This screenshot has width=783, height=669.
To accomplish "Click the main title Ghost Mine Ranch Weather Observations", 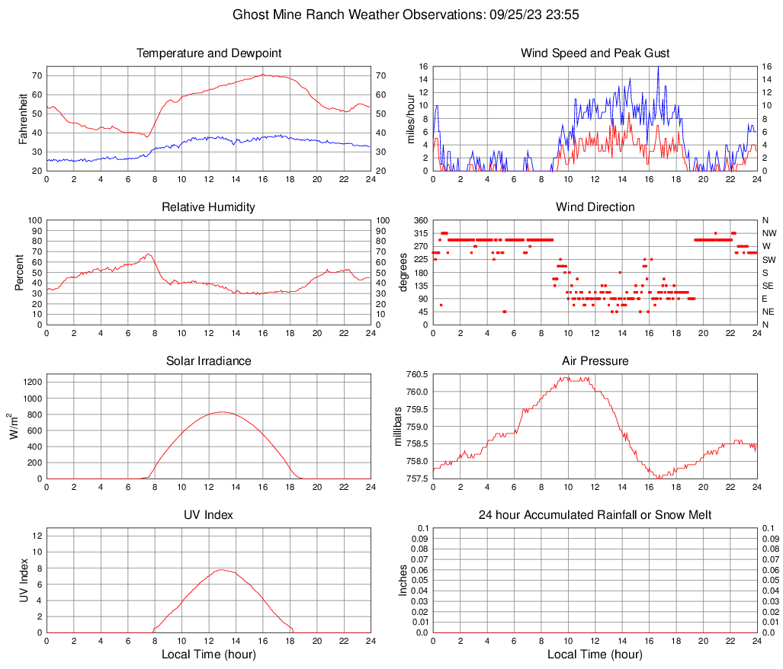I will [x=391, y=14].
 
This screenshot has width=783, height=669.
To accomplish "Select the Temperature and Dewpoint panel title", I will [x=209, y=53].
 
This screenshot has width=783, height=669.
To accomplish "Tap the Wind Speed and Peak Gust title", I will [x=595, y=53].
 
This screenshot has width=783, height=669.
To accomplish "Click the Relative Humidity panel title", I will [x=209, y=207].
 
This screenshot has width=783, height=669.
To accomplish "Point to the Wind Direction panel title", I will [x=595, y=207].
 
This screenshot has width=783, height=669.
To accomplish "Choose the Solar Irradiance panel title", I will [x=209, y=361].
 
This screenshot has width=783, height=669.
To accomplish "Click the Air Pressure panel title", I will [x=595, y=361].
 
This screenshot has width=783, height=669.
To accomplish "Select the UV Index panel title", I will [x=209, y=515].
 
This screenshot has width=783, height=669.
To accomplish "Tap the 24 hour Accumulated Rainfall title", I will [x=595, y=515].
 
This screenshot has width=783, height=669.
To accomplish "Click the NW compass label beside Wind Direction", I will [x=769, y=233].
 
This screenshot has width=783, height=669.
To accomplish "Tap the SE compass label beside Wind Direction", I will [x=769, y=286].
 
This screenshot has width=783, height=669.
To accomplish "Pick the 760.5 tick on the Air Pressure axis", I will [x=417, y=375].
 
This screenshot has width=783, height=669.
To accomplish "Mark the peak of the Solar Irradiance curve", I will [x=222, y=411].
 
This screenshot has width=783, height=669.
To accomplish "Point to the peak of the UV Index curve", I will [x=222, y=569].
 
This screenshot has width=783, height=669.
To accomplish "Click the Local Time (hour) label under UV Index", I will [x=209, y=655].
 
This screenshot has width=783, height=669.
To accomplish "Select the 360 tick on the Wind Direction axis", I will [x=420, y=220].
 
